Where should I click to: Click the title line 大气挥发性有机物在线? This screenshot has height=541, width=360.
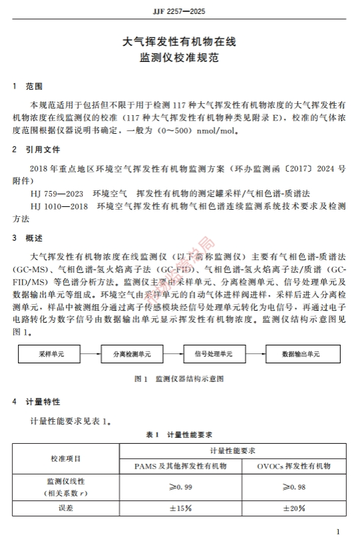(x=180, y=42)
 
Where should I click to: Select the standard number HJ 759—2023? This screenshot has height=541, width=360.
(x=57, y=193)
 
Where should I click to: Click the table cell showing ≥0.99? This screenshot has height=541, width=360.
(x=180, y=488)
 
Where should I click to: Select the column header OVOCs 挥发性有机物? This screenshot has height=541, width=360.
(x=293, y=466)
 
